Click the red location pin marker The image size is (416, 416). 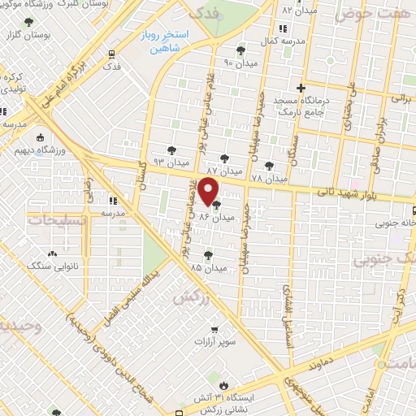click(209, 193)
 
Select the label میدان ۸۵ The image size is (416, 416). click(207, 266)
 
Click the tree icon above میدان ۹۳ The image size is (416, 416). click(171, 150)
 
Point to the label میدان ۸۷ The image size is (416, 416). click(223, 171)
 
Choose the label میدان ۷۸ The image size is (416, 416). click(269, 177)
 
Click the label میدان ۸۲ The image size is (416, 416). click(298, 11)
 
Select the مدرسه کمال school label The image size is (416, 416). click(284, 40)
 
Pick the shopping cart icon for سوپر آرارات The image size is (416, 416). click(214, 330)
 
